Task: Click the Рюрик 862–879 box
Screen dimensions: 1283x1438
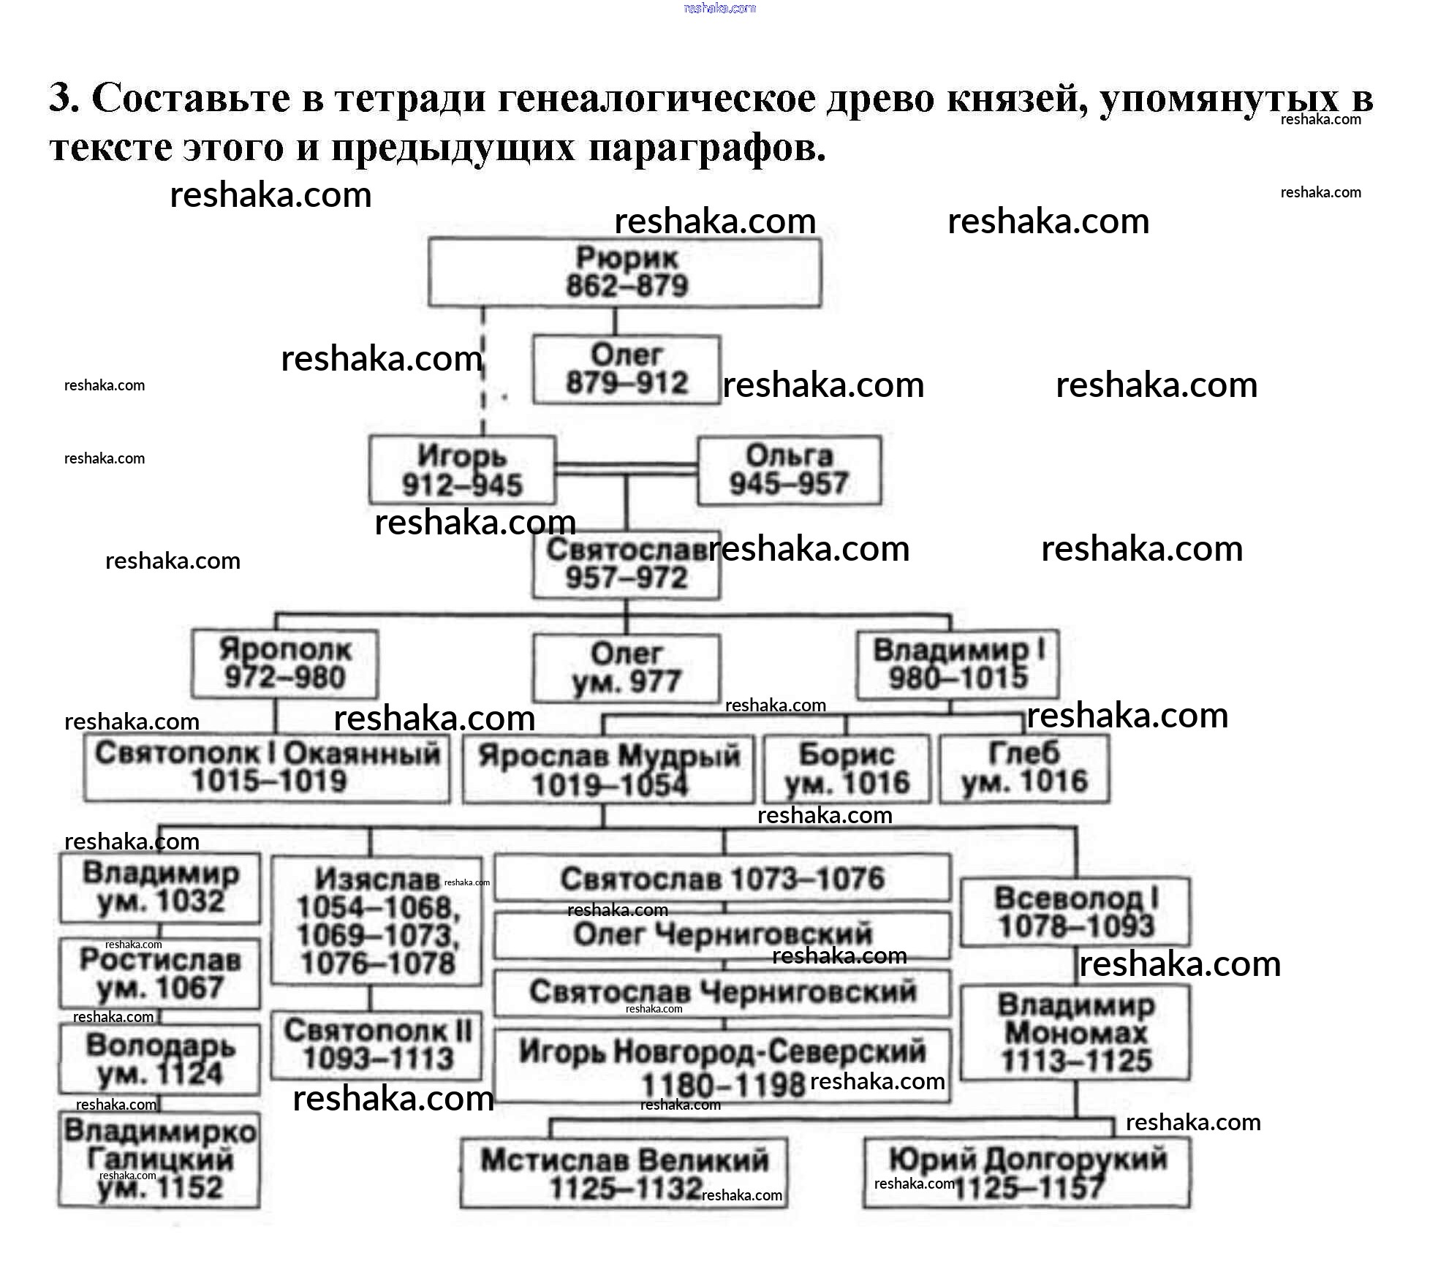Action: pyautogui.click(x=624, y=272)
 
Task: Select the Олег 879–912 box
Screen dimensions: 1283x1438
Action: pyautogui.click(x=627, y=369)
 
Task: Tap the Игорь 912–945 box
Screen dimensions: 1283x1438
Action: pyautogui.click(x=462, y=469)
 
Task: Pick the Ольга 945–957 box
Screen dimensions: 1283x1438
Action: pyautogui.click(x=789, y=469)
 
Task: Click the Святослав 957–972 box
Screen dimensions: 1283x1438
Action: pyautogui.click(x=626, y=564)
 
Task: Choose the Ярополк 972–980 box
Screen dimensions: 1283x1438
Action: pyautogui.click(x=284, y=663)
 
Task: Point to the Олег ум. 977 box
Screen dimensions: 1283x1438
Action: pyautogui.click(x=626, y=667)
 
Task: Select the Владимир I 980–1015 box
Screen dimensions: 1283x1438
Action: pyautogui.click(x=957, y=663)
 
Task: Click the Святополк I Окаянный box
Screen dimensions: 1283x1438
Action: pyautogui.click(x=267, y=768)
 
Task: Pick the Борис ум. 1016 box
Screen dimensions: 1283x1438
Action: pyautogui.click(x=847, y=768)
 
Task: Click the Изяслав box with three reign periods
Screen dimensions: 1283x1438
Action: pyautogui.click(x=376, y=920)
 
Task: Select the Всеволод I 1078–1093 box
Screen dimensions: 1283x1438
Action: pyautogui.click(x=1075, y=912)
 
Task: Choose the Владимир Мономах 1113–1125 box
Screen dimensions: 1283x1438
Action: pyautogui.click(x=1075, y=1032)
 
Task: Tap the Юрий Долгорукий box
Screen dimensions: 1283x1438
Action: pyautogui.click(x=1026, y=1173)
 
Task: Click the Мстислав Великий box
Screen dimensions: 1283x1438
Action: pyautogui.click(x=624, y=1173)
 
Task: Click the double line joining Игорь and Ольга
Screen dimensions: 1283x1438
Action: pyautogui.click(x=626, y=469)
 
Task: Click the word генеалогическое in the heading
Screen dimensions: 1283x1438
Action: pyautogui.click(x=656, y=98)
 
